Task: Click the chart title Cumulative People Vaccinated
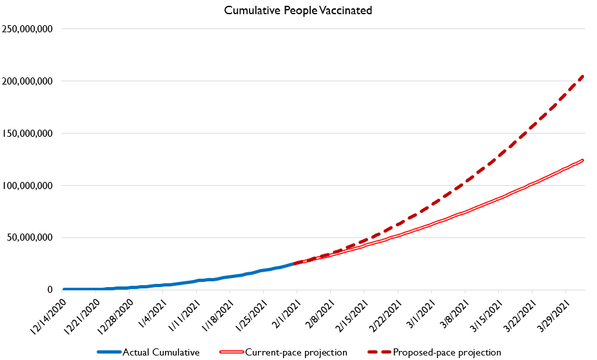(298, 11)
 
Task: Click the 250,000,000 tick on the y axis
(26, 29)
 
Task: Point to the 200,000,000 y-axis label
(26, 81)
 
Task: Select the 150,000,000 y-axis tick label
(26, 134)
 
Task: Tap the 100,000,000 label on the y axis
(26, 186)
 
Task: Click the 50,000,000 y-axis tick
(29, 237)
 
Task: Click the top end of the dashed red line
(583, 76)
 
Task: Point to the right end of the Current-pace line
(583, 160)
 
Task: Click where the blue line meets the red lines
(295, 263)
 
